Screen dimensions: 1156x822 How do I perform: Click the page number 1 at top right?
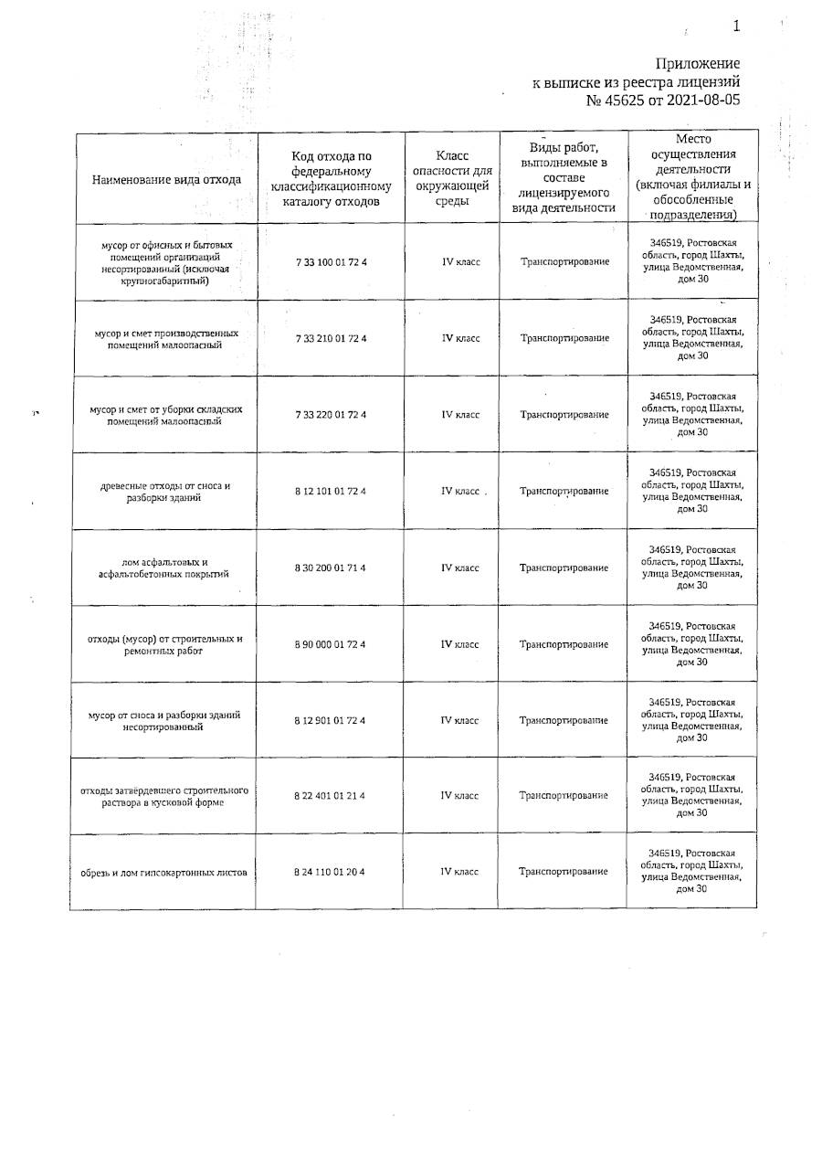click(736, 27)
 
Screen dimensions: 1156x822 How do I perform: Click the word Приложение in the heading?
click(698, 63)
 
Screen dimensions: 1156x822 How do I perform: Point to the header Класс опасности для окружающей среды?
click(453, 179)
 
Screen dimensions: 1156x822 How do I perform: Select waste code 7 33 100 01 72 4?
click(331, 262)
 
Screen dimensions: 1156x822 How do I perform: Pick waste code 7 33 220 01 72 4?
click(331, 415)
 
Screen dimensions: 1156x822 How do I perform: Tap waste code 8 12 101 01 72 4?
click(331, 492)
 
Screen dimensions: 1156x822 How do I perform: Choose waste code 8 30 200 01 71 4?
click(331, 568)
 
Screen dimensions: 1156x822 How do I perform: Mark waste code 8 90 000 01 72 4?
click(331, 644)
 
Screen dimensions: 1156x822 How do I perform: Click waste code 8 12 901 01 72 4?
click(331, 720)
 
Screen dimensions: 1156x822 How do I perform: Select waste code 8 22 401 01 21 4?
click(331, 796)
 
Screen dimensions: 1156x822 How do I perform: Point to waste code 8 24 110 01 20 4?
click(331, 872)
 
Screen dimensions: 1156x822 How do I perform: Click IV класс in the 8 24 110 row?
click(460, 872)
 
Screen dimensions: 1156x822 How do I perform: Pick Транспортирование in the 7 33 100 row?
click(564, 262)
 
